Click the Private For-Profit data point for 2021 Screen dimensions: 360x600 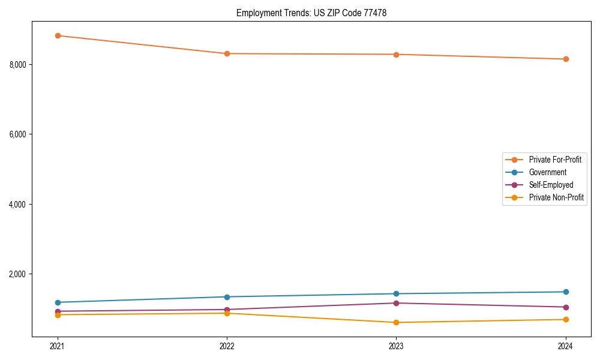coord(58,35)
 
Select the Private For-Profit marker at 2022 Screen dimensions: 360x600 coord(227,53)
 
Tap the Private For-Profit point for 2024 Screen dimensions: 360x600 coord(566,59)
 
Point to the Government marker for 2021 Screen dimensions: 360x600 coord(58,302)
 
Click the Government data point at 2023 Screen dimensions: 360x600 coord(396,293)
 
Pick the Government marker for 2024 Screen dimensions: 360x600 coord(566,292)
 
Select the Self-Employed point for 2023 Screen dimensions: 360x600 coord(396,303)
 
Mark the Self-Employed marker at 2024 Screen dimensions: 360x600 coord(566,307)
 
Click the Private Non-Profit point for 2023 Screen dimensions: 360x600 coord(396,322)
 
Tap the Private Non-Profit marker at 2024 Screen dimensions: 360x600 coord(566,319)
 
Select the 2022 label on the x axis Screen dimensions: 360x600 coord(227,346)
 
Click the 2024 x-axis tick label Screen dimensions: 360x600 coord(566,346)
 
